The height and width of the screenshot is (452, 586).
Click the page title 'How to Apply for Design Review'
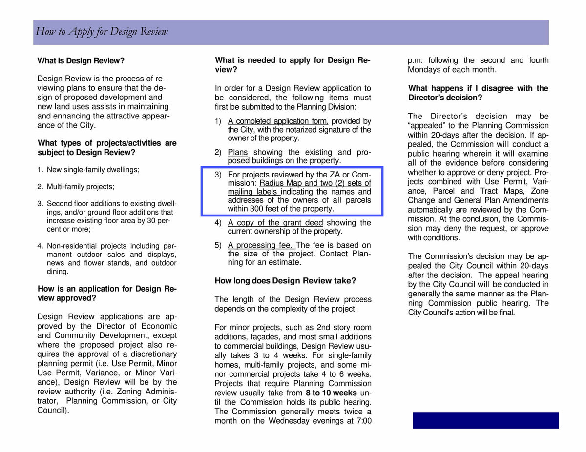point(102,32)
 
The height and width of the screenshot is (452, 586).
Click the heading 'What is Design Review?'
point(81,61)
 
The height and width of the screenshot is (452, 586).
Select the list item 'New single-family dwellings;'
point(93,170)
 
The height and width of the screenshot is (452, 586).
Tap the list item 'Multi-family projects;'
point(81,187)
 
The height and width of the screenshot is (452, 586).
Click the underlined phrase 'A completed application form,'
point(278,121)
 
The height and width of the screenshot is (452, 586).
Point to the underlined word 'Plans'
point(238,152)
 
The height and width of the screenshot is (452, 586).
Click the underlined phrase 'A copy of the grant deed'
point(275,223)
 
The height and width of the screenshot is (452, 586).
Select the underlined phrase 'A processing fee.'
point(261,245)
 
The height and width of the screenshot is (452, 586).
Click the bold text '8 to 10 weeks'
point(331,393)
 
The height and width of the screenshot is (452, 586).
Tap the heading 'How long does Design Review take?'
point(285,281)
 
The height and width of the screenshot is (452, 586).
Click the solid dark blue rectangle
point(485,420)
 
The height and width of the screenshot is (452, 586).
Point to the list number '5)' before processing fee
point(218,245)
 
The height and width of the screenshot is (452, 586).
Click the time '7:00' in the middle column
point(361,421)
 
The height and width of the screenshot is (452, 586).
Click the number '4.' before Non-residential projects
point(41,246)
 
